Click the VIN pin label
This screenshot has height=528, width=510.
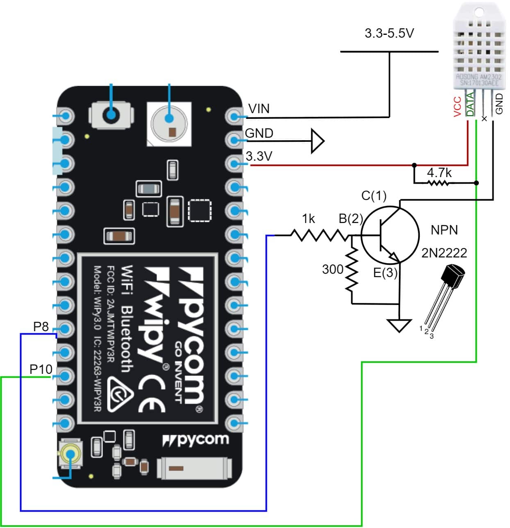[x=259, y=109]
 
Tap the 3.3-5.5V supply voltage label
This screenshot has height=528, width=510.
[x=389, y=33]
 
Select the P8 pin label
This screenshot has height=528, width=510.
[x=41, y=327]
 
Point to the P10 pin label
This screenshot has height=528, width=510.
[x=41, y=369]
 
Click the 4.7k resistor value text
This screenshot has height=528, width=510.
[x=439, y=173]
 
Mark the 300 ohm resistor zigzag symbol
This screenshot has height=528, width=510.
[x=352, y=269]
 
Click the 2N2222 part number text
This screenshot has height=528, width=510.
[x=444, y=253]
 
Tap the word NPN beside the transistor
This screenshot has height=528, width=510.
[x=444, y=230]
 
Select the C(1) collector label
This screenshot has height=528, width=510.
[x=374, y=196]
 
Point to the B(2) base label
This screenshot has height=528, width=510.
[x=351, y=218]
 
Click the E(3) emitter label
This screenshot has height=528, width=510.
[x=385, y=273]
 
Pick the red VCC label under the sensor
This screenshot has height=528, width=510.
[x=458, y=107]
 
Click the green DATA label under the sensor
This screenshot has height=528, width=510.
[x=470, y=104]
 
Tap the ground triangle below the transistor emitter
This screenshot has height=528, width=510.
[x=399, y=325]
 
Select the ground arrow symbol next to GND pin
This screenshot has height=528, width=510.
[x=317, y=141]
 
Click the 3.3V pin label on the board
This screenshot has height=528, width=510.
[x=259, y=156]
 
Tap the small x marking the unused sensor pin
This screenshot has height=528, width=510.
[x=484, y=118]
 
